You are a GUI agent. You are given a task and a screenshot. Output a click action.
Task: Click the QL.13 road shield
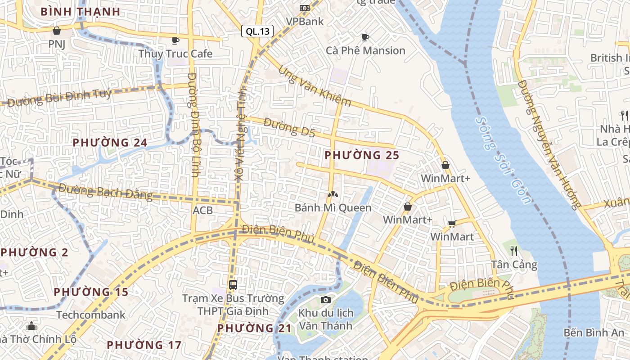tap(257, 31)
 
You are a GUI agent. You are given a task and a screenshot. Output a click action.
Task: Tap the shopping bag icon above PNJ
tap(57, 31)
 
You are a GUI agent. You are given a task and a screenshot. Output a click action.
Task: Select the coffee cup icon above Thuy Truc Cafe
tap(175, 40)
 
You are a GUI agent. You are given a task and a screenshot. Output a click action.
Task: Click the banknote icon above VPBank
tap(305, 8)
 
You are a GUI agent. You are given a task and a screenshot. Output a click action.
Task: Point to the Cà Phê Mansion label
tap(365, 50)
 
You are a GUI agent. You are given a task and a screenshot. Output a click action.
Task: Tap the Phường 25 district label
tap(362, 155)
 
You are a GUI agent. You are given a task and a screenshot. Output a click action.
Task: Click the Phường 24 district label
tap(110, 143)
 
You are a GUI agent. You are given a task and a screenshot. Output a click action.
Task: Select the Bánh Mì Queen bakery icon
tap(333, 195)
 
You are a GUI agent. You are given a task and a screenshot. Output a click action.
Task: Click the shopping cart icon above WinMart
tap(452, 224)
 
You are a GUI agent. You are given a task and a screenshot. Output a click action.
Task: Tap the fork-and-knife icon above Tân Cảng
tap(514, 251)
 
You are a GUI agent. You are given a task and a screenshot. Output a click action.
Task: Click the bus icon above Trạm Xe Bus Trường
tap(233, 284)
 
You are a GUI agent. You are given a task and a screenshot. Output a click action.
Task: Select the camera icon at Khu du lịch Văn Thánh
tap(326, 300)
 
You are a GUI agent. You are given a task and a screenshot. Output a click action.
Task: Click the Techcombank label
tap(91, 315)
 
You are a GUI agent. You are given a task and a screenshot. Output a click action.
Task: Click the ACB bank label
tap(202, 210)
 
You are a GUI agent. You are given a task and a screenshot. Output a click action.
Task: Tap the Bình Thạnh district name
tap(80, 12)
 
